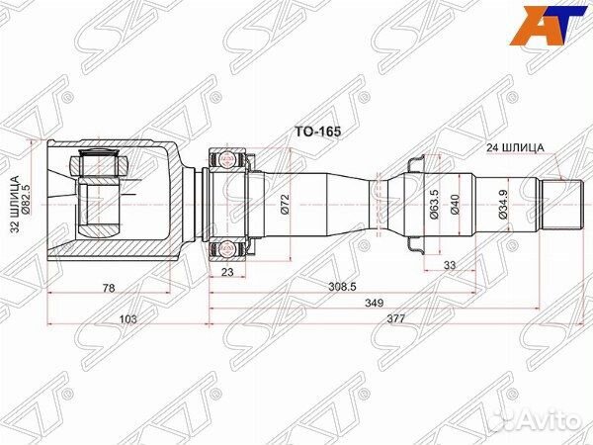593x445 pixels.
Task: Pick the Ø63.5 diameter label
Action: [x=432, y=203]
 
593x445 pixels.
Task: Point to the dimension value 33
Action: [x=450, y=264]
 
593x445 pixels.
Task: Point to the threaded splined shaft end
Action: [x=557, y=203]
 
